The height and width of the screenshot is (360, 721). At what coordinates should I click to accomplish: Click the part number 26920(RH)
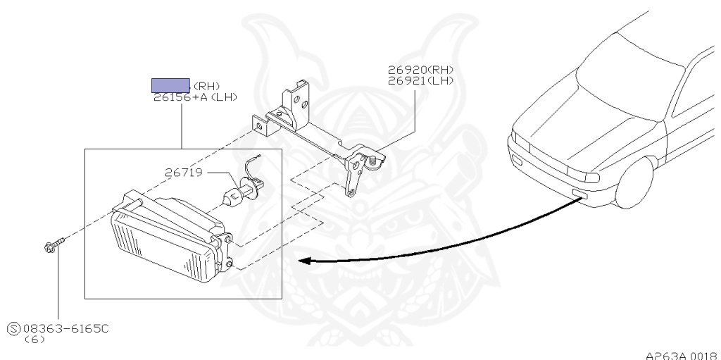(x=420, y=70)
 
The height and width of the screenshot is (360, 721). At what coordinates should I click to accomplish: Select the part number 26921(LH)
(x=420, y=80)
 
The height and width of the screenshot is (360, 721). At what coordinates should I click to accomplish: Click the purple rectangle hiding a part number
(x=171, y=86)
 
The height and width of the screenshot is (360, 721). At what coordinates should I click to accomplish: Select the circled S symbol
(x=13, y=328)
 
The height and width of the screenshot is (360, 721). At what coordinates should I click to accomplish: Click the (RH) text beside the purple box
(x=206, y=87)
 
